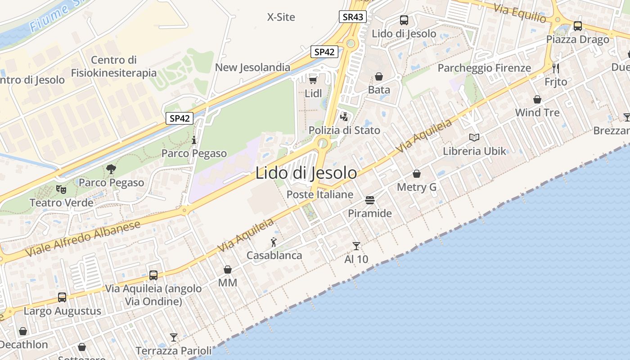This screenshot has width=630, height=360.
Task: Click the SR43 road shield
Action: (353, 17)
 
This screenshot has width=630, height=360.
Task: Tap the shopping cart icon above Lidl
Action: (313, 80)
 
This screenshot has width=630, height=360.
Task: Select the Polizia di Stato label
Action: (344, 130)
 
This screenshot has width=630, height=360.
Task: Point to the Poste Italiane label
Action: (320, 195)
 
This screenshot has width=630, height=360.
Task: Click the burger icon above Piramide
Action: (370, 200)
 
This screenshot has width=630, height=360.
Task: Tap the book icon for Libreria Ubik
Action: (474, 137)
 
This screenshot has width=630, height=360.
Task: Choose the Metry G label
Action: (417, 187)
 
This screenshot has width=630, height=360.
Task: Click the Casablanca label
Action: (274, 256)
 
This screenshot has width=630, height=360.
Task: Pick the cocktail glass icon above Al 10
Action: (356, 246)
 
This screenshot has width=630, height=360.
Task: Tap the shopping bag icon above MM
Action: (228, 270)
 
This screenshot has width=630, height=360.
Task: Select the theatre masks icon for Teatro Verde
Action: (61, 189)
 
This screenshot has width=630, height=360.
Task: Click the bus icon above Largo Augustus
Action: (62, 297)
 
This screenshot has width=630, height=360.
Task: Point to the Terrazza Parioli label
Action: (174, 351)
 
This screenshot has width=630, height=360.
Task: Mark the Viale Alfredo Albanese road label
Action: (83, 239)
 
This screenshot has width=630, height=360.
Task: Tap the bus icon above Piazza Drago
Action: (578, 26)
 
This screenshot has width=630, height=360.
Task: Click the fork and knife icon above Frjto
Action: (556, 68)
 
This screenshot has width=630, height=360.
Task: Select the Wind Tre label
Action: (537, 112)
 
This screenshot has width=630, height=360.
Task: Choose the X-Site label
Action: (281, 17)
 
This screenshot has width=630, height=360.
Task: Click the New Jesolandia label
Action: (252, 67)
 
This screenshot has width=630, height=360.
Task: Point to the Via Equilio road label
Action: (520, 13)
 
